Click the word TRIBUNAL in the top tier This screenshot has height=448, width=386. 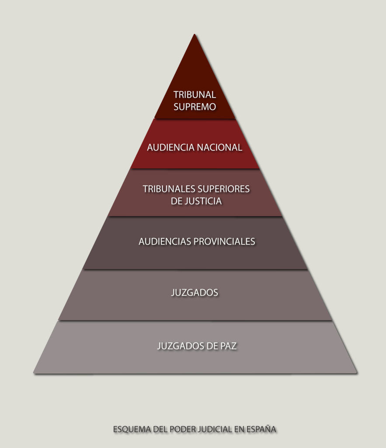click(195, 94)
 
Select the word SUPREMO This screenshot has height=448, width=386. click(195, 107)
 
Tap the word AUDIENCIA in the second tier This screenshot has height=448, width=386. click(170, 147)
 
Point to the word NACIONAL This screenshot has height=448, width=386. click(219, 147)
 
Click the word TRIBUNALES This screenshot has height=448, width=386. click(169, 189)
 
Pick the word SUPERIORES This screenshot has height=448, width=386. click(223, 189)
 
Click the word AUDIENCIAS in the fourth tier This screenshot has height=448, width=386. click(165, 241)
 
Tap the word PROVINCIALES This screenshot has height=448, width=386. click(224, 241)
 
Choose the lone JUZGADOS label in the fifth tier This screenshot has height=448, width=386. click(195, 293)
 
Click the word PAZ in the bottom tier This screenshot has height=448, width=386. click(228, 346)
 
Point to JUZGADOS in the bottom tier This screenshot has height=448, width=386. click(181, 346)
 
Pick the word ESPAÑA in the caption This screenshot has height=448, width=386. click(261, 429)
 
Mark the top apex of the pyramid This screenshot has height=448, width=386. click(195, 34)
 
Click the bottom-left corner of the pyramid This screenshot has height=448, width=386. click(34, 373)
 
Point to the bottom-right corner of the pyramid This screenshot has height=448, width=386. click(357, 373)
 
